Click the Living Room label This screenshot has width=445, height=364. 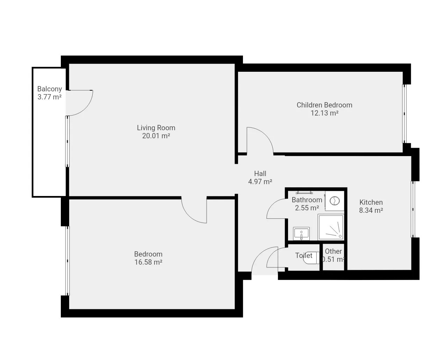click(x=156, y=128)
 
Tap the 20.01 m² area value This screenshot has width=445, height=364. click(x=156, y=136)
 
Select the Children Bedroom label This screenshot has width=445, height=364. click(x=324, y=105)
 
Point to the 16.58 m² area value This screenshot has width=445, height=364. click(x=148, y=262)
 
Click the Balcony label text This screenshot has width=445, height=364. click(x=50, y=89)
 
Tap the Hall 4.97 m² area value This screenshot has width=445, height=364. click(x=260, y=182)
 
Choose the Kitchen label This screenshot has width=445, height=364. click(x=371, y=202)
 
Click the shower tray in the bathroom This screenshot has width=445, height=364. click(x=331, y=227)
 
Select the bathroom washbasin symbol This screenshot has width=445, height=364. click(x=301, y=234)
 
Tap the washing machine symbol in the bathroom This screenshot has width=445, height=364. click(x=335, y=201)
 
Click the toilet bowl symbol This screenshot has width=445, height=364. click(x=311, y=258)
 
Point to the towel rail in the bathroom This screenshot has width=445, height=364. click(x=304, y=192)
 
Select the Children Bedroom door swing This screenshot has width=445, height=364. click(x=266, y=135)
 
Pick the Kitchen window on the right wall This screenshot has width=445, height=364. click(x=413, y=209)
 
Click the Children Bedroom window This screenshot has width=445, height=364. click(x=404, y=114)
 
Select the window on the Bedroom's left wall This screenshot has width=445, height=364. click(x=67, y=261)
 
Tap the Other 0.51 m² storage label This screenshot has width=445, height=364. click(x=333, y=255)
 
